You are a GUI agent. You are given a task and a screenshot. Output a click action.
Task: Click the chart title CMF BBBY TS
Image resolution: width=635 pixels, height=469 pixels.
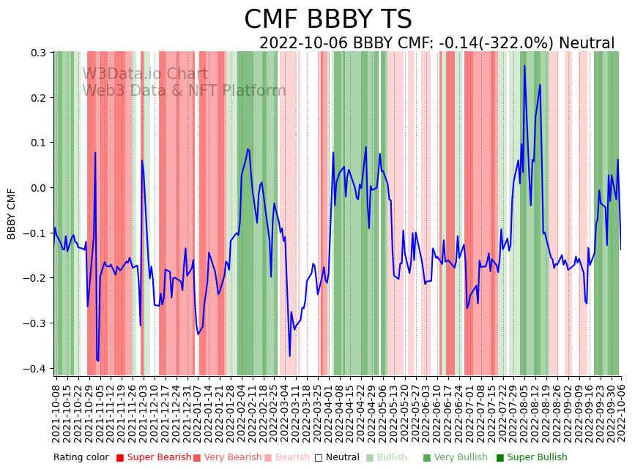pos(327,20)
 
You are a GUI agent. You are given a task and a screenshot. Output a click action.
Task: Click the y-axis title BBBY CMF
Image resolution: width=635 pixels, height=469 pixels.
pos(12,214)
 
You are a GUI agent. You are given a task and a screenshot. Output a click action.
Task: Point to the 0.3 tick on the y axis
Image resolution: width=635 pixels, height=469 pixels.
pos(38,53)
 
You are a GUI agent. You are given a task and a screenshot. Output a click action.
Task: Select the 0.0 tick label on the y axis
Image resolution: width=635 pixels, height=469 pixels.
pos(38,188)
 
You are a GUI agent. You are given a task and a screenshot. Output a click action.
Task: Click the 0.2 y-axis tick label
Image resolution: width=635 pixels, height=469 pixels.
pos(38,98)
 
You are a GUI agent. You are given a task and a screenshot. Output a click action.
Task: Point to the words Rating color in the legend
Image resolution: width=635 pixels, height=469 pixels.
pos(81,457)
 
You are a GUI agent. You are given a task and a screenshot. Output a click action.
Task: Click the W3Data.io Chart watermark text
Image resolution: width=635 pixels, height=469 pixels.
pos(145,74)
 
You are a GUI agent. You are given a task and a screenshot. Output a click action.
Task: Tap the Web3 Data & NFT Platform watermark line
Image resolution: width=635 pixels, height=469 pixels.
pos(184,91)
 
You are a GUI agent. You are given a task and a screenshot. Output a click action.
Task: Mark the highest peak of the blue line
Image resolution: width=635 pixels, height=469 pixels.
pos(524,66)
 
